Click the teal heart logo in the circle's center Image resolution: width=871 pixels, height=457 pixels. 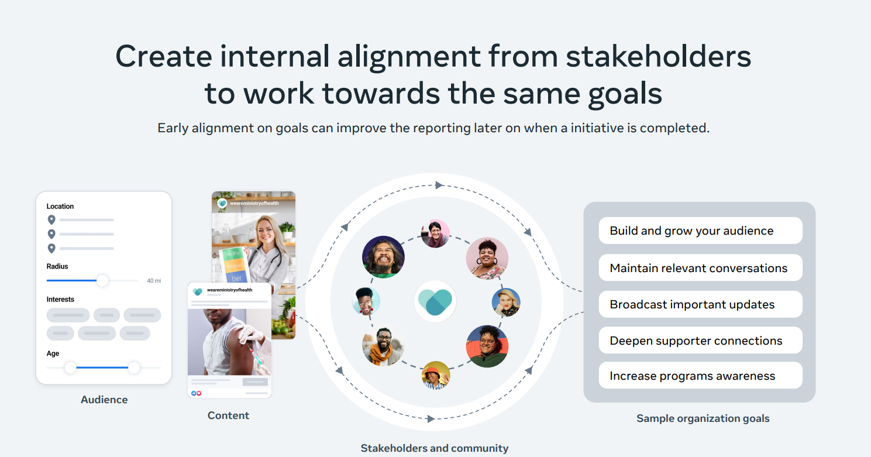[x=435, y=302]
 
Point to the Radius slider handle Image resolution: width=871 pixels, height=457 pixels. [x=102, y=281]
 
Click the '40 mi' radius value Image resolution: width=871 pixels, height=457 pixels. [x=154, y=281]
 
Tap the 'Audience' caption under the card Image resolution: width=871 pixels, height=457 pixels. [x=104, y=400]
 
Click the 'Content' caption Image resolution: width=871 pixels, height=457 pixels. [x=228, y=415]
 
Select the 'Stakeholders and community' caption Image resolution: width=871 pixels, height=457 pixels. [x=435, y=448]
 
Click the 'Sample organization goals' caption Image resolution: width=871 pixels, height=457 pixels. [x=703, y=418]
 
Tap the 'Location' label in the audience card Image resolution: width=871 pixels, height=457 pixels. [x=60, y=207]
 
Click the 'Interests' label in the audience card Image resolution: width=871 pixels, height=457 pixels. [x=60, y=300]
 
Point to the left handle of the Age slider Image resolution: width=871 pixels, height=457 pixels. [x=71, y=367]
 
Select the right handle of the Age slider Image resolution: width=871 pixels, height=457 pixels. [x=134, y=367]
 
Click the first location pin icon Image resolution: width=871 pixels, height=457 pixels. [x=51, y=220]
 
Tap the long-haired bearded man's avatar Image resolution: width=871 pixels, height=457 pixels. [x=383, y=257]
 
